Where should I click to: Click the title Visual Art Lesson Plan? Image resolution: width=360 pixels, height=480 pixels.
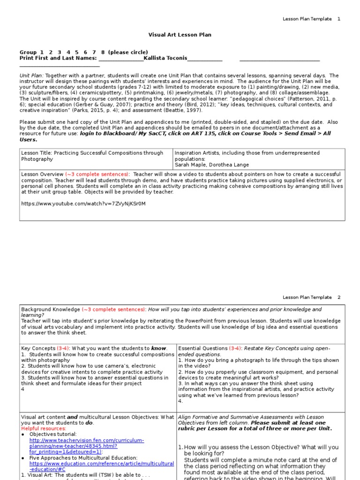[180, 35]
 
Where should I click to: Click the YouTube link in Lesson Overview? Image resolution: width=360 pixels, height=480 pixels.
[83, 203]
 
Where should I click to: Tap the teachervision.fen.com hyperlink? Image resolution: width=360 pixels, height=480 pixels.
[87, 446]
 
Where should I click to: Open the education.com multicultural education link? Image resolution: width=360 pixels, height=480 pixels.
[101, 466]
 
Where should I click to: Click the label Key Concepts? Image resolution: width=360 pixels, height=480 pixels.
[38, 348]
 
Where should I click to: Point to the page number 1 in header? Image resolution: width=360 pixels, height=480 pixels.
[339, 19]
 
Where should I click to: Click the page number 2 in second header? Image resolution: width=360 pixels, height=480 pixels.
[339, 297]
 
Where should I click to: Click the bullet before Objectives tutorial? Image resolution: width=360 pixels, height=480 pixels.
[23, 435]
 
